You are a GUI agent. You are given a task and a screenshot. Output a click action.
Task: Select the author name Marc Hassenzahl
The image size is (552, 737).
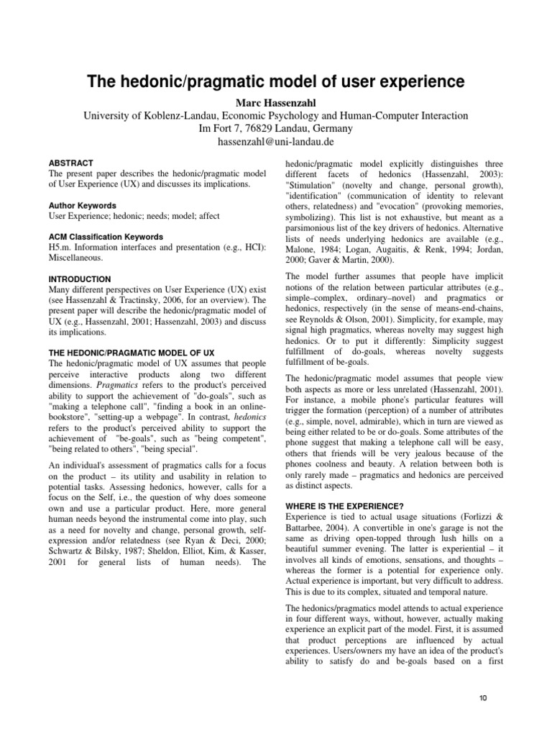point(276,101)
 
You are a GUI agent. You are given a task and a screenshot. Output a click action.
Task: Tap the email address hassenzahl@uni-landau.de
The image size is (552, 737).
point(276,142)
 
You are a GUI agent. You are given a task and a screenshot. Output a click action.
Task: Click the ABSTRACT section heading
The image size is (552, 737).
point(71,163)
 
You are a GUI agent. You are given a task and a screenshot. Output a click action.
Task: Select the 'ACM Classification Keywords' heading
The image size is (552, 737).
point(106,237)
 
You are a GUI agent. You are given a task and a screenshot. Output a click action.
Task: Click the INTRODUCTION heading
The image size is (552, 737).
point(80,279)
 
